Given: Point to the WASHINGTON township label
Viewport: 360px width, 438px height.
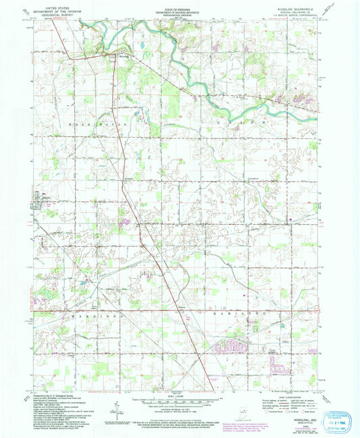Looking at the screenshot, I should pyautogui.click(x=97, y=126).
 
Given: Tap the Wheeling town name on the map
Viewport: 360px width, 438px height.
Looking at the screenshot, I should pyautogui.click(x=122, y=57).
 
